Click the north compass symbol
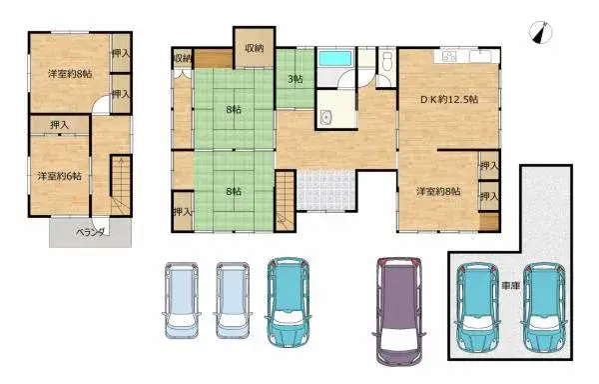pos(543,33)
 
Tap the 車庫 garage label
pos(510,285)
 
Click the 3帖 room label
pos(296,79)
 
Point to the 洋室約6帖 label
pos(60,176)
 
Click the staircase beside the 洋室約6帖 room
pos(120,184)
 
